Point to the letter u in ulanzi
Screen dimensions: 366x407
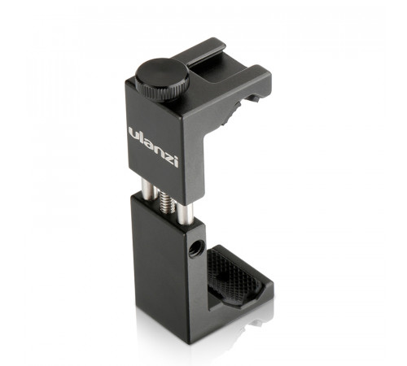pos(134,132)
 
